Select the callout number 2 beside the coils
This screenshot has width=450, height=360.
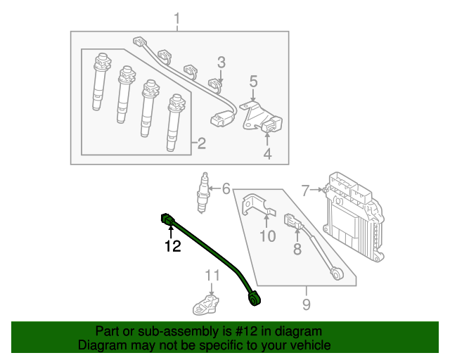[201, 144]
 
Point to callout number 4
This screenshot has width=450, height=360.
[267, 153]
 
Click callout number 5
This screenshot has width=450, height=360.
[253, 82]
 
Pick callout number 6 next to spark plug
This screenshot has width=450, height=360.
[226, 188]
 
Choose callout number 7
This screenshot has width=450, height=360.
[305, 189]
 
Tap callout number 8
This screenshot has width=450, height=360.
[297, 248]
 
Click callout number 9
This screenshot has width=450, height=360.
[306, 304]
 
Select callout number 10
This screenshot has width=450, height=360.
[267, 236]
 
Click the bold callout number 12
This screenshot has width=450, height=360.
[172, 246]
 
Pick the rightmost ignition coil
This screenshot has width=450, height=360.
[174, 123]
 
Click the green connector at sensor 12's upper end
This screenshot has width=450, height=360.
[168, 219]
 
